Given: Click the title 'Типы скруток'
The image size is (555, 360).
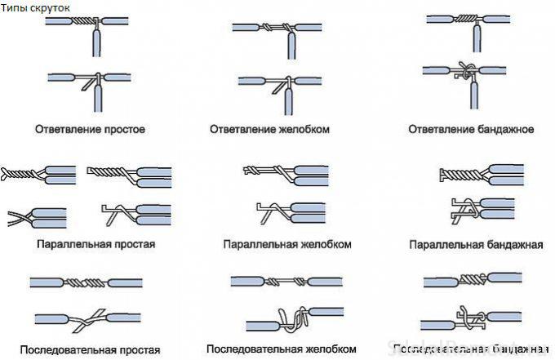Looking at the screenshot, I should [37, 7].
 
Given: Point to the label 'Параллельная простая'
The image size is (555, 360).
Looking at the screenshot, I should [95, 243].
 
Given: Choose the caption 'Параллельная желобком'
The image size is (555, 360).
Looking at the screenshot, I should [287, 244].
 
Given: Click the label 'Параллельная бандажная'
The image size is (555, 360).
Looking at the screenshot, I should [477, 244].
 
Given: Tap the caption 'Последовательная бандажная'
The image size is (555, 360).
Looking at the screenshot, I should [477, 350].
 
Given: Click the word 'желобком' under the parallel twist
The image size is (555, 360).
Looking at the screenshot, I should [323, 244].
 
